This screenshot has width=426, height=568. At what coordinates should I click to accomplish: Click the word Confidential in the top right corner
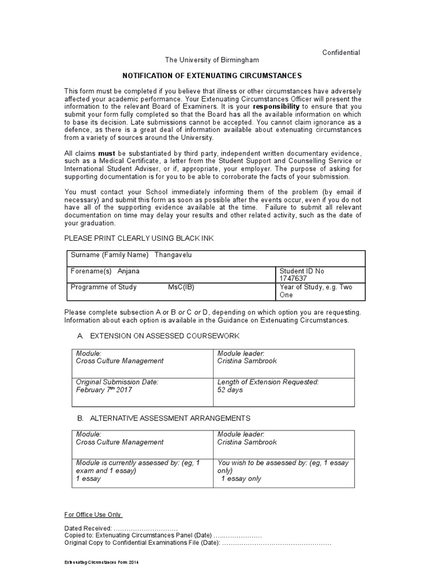tap(341, 53)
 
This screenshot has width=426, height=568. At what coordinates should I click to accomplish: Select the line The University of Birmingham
tap(212, 60)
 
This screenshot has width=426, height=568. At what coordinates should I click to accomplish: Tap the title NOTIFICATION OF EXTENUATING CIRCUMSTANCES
tap(212, 75)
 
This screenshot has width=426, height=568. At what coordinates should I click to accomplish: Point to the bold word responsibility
tap(276, 106)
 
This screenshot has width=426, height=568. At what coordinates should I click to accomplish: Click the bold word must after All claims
tap(106, 153)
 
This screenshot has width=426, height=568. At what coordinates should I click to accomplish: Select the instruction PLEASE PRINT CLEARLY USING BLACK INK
tap(139, 238)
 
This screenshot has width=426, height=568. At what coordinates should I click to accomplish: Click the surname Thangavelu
tap(175, 255)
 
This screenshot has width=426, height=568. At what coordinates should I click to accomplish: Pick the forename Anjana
tap(129, 271)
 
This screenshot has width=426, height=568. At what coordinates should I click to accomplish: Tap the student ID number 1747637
tap(293, 279)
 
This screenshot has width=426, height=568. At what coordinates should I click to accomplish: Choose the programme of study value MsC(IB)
tap(181, 287)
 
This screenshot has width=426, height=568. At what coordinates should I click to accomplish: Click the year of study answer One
tap(286, 295)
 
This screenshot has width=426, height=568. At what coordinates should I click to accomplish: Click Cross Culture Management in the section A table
tap(119, 361)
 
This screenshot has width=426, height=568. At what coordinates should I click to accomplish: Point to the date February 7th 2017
tap(104, 389)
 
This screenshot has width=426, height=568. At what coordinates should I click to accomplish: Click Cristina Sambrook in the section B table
tap(247, 442)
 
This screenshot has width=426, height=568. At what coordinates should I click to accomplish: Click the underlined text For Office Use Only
tap(93, 514)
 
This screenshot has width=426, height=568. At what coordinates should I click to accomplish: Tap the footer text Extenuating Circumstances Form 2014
tap(101, 562)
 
